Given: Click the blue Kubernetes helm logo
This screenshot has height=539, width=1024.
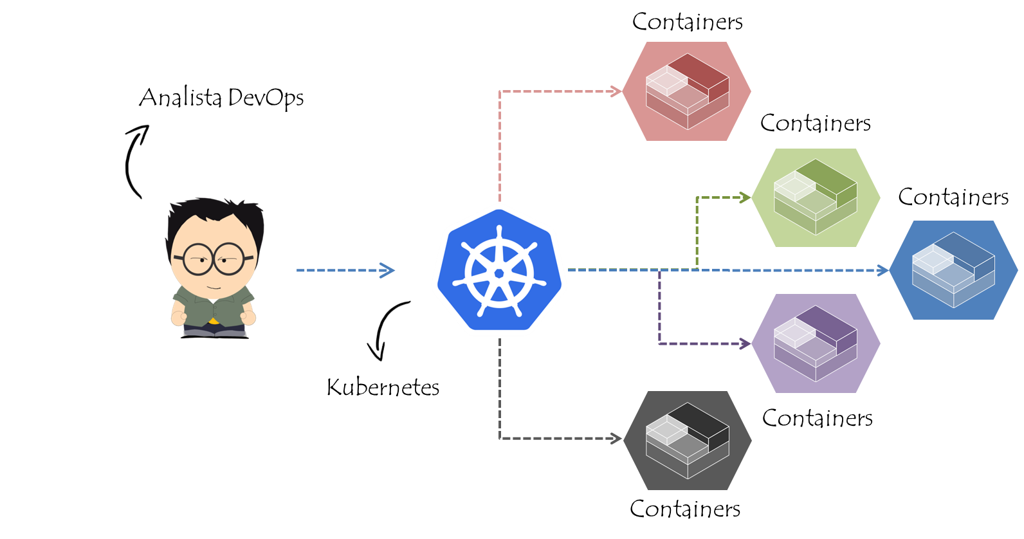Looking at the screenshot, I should (x=499, y=271).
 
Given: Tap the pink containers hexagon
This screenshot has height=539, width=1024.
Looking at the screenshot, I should (x=687, y=91).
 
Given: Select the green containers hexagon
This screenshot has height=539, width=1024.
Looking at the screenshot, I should (x=816, y=197).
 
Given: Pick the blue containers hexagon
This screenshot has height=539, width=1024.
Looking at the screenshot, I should (x=953, y=270).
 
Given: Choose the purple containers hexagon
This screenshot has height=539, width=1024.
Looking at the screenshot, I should (x=816, y=343).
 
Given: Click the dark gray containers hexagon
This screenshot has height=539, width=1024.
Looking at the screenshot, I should (x=687, y=440).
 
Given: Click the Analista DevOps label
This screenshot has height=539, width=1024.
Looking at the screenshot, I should (x=221, y=98).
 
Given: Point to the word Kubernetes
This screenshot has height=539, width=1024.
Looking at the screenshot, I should (x=383, y=387).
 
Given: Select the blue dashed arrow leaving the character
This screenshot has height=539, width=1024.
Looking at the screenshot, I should (x=345, y=271).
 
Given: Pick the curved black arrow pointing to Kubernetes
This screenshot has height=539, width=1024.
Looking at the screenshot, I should (x=385, y=328).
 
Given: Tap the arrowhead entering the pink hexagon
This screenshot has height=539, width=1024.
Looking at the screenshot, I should (x=616, y=91).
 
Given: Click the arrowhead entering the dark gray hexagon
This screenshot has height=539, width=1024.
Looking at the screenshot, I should (x=616, y=439).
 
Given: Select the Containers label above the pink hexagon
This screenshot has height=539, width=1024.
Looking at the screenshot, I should (x=687, y=22).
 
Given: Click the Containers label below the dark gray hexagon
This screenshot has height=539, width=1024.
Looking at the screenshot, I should (x=685, y=509).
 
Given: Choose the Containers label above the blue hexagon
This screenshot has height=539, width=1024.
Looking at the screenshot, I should (x=953, y=197).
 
